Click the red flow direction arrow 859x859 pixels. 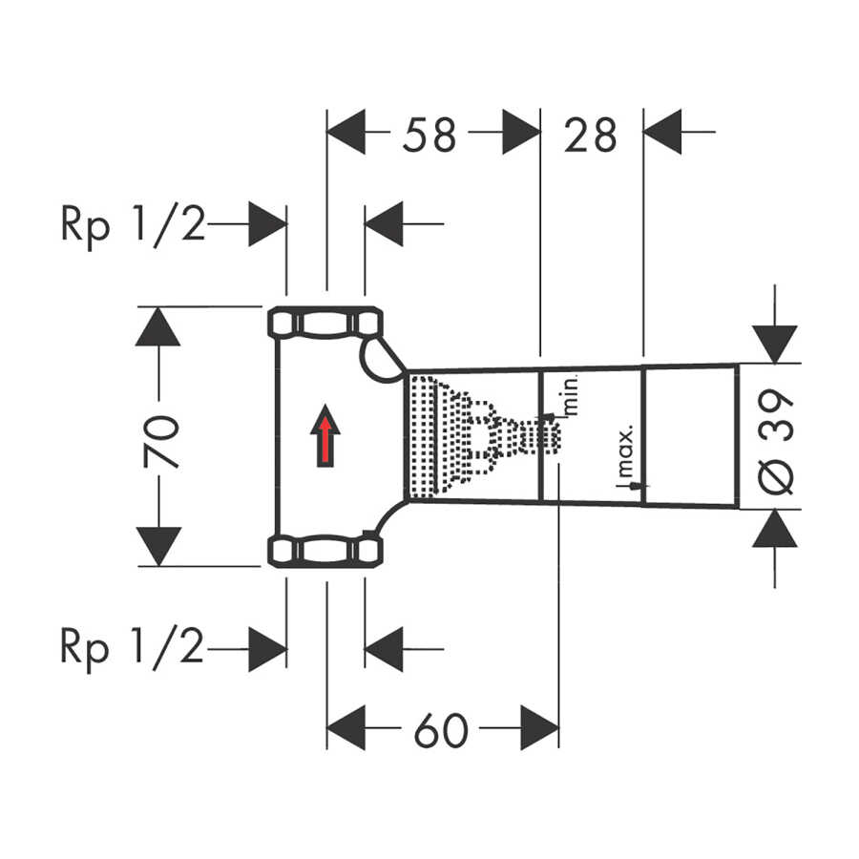click(x=325, y=435)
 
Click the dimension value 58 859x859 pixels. click(x=429, y=135)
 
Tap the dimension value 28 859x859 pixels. click(x=590, y=135)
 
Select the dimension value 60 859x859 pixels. click(x=441, y=730)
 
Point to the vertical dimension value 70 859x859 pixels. click(x=161, y=442)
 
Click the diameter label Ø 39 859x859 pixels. click(x=776, y=441)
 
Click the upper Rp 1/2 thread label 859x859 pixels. click(x=133, y=224)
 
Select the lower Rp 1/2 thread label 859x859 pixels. click(x=132, y=649)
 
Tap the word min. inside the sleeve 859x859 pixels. click(x=571, y=394)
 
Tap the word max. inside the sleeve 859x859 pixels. click(x=625, y=450)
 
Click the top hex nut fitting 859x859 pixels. click(x=325, y=323)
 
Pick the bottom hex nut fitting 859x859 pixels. click(x=325, y=551)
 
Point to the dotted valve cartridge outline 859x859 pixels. click(x=485, y=436)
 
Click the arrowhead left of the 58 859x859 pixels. click(x=346, y=132)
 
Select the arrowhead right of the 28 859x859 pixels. click(x=662, y=132)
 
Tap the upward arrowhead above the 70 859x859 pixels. click(x=157, y=326)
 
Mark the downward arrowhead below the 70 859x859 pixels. click(x=158, y=547)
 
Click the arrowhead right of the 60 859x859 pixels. click(x=539, y=728)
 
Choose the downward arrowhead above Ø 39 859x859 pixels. click(x=775, y=345)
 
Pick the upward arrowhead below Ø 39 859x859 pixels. click(x=775, y=529)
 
